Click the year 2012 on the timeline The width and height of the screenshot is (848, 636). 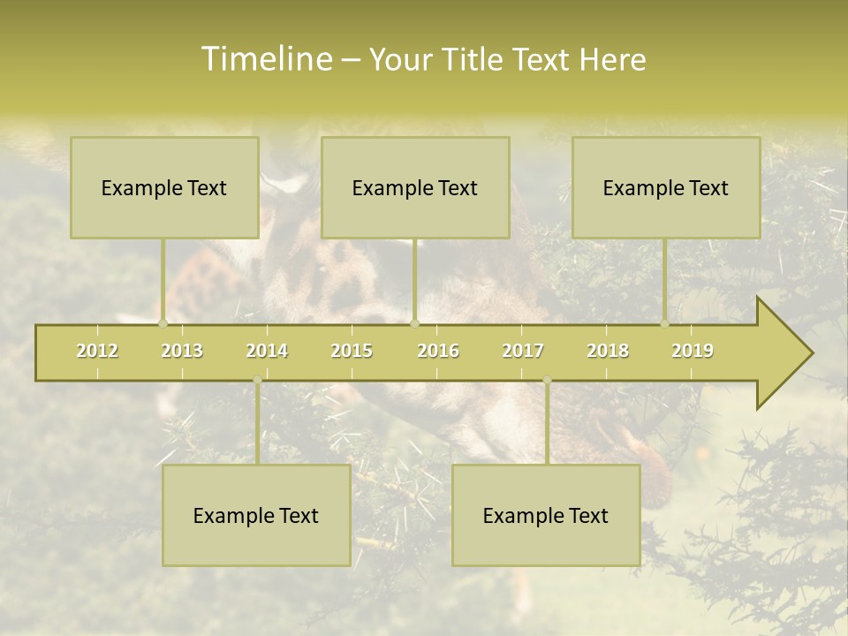(x=97, y=351)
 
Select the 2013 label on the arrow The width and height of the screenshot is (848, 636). (x=182, y=351)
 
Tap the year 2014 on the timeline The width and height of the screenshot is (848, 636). (x=267, y=351)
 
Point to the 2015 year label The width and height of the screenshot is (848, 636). (x=352, y=351)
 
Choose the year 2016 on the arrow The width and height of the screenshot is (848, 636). (x=438, y=351)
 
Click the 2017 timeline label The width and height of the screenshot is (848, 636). (x=523, y=351)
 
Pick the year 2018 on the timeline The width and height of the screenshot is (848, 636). (x=608, y=351)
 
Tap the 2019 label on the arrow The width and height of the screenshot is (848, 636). (x=693, y=351)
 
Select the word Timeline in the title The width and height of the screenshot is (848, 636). (x=266, y=59)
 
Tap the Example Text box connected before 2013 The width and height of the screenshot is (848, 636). (x=164, y=187)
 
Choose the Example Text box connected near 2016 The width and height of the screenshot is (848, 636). (x=415, y=187)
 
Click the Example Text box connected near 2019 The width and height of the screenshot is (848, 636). (x=666, y=187)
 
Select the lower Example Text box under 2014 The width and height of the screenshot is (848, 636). (x=256, y=516)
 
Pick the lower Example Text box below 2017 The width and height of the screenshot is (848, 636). (x=546, y=516)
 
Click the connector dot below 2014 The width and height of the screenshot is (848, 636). (x=257, y=381)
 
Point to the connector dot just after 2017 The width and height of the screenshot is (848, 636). (x=547, y=381)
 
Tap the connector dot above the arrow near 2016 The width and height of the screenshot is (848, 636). (x=414, y=324)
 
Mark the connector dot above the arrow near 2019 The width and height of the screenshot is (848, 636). (x=664, y=324)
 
